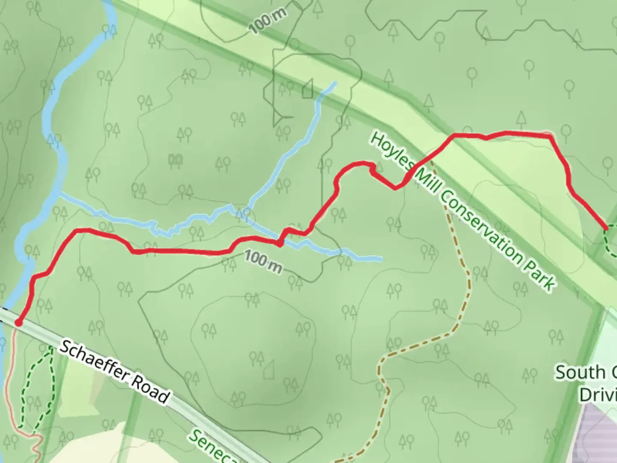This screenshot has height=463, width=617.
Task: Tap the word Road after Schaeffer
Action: [150, 394]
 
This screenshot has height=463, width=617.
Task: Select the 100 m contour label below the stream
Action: [264, 262]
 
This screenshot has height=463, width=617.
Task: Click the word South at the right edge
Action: [581, 373]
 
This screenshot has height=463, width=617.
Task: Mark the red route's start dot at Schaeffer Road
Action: [18, 323]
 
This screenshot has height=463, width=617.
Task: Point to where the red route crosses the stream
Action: [279, 243]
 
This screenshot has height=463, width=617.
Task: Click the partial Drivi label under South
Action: [598, 394]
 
